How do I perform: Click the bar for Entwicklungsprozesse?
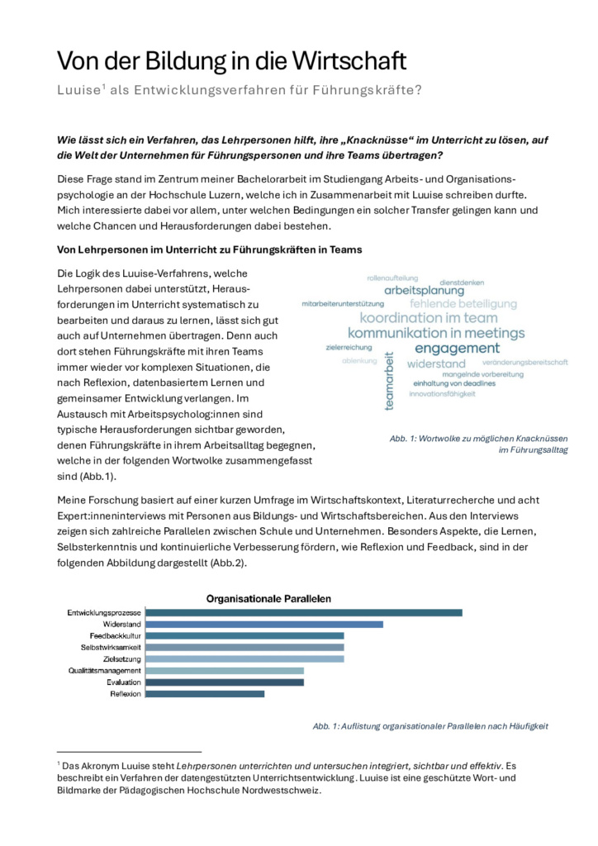tap(303, 612)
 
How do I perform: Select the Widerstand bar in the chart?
tap(264, 624)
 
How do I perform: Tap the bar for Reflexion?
tap(205, 694)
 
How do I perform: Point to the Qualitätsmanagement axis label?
tap(105, 671)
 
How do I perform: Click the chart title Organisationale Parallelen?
tap(268, 596)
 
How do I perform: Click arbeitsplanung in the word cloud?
tap(424, 290)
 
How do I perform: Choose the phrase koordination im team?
tap(429, 318)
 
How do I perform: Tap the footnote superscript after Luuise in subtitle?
tap(103, 86)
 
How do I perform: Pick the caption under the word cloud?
tap(478, 444)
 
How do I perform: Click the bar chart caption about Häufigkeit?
tap(430, 725)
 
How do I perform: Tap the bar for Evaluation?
tap(225, 682)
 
